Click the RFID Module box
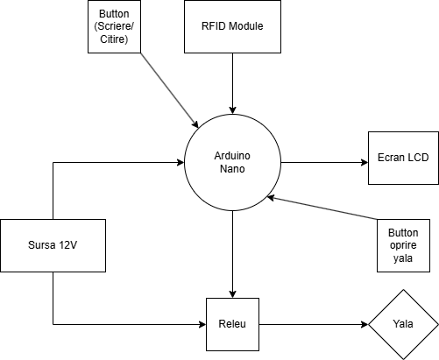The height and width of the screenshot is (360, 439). pos(232,26)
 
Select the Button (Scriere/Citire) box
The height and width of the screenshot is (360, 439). pos(114,26)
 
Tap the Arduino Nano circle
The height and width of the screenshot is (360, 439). pos(232,162)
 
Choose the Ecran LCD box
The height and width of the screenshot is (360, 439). pos(403,158)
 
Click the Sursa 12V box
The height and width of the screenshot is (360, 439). pos(53,245)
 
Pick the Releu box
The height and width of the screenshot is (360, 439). pos(232,324)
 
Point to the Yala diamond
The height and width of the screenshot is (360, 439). pos(403,324)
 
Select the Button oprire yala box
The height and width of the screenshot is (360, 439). pos(403,245)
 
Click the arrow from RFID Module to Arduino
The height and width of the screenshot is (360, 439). pos(232,83)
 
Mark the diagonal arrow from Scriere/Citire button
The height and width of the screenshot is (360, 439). pos(170,90)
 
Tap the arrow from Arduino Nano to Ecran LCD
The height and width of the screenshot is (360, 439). pos(324,162)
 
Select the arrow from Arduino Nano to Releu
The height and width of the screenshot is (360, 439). pos(232,254)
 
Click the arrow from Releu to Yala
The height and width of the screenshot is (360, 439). pos(314,324)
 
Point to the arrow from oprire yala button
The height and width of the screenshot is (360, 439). pos(322,208)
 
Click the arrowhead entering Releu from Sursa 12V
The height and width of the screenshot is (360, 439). pos(202,324)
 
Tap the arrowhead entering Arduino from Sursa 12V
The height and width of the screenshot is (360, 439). pos(181,162)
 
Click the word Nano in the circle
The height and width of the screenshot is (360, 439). pos(232,169)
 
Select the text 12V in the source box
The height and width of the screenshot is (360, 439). pos(68,245)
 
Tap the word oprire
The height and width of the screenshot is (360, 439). pos(403,245)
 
